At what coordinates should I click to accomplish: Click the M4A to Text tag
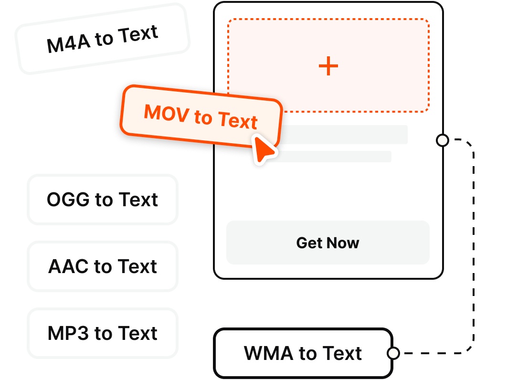[103, 39]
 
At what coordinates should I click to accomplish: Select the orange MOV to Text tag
[201, 116]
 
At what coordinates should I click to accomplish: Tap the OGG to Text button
[103, 200]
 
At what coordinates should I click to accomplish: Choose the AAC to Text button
[103, 266]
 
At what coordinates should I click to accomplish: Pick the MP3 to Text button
[103, 333]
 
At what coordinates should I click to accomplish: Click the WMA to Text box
[303, 354]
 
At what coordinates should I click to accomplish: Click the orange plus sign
[328, 66]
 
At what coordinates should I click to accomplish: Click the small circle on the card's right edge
[443, 140]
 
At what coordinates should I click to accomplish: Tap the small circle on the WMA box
[393, 354]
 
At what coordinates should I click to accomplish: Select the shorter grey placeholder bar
[334, 157]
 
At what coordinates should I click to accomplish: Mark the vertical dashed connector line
[474, 248]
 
